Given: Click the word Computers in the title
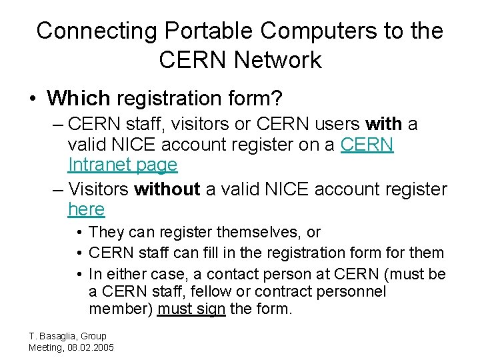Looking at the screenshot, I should (323, 31).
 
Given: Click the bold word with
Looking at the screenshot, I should (384, 124).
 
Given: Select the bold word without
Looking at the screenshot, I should (167, 189).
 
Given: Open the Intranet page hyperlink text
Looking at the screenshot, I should (123, 165).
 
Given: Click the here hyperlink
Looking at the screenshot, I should (86, 209).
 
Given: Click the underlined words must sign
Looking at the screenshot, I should (191, 309).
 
